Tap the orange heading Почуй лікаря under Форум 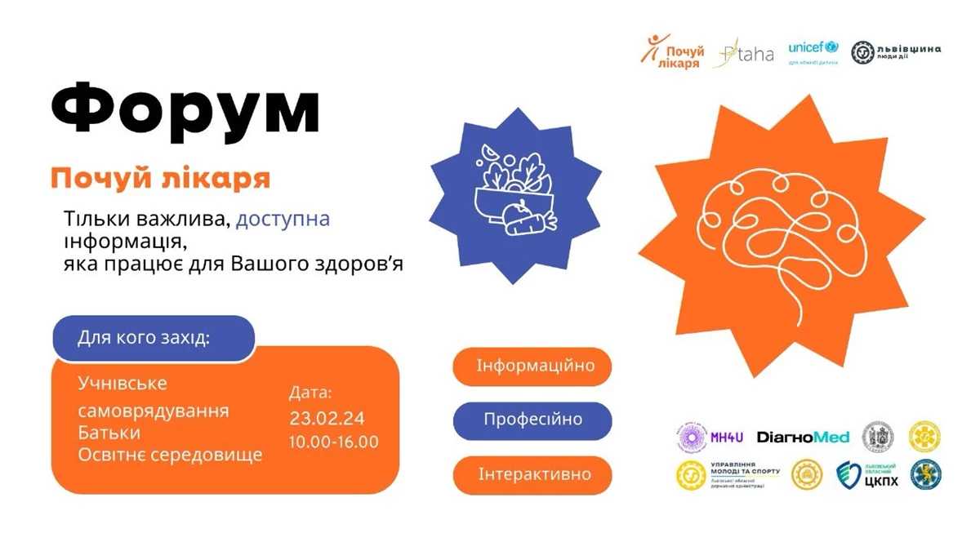coord(160,177)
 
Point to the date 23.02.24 coord(327,419)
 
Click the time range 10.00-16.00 coord(333,442)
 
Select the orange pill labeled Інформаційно coord(535,366)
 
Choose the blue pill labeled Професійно coord(532,420)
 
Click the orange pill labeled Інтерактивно coord(533,474)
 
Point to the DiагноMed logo coord(804,437)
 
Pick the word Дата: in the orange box coord(311,392)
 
